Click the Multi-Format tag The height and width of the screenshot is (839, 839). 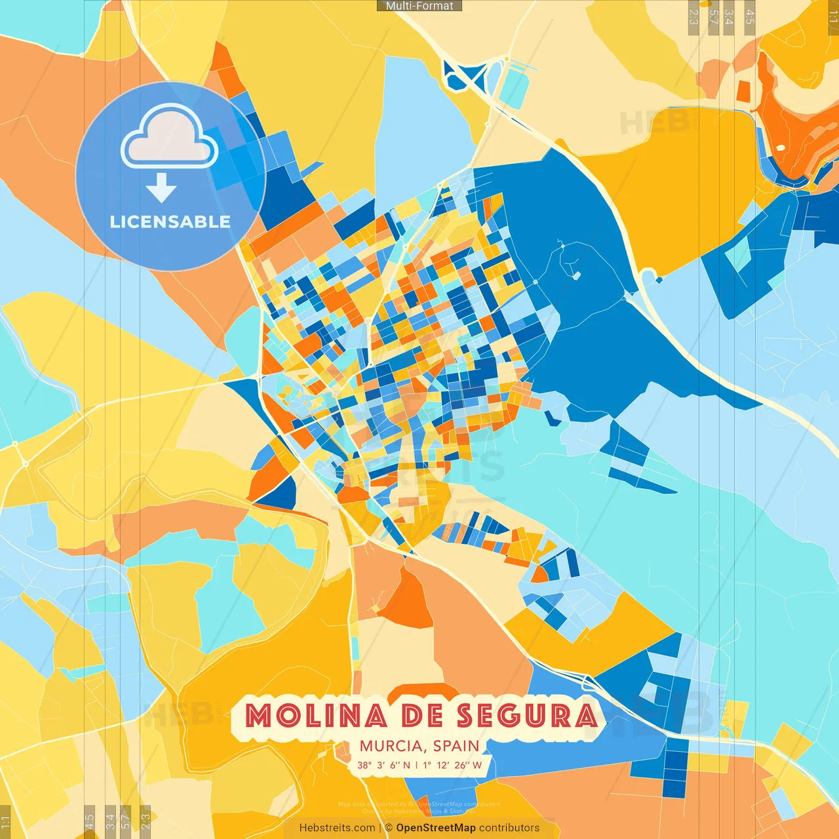(419, 6)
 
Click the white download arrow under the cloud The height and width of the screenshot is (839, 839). (161, 187)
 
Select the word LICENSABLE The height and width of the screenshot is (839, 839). (170, 222)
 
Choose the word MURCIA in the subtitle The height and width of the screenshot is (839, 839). (391, 746)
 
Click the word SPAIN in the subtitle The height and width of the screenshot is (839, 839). (456, 746)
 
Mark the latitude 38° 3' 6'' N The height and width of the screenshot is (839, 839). (383, 765)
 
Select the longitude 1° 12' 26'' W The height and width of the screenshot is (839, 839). (452, 765)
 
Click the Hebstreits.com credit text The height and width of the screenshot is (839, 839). (337, 828)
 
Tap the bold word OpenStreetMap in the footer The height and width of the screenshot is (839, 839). (435, 828)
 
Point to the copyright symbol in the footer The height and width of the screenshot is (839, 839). (389, 828)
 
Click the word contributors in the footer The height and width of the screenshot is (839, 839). (509, 828)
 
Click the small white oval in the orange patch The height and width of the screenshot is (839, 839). (780, 147)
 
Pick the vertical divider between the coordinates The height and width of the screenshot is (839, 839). (416, 765)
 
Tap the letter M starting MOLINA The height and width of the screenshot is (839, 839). (258, 716)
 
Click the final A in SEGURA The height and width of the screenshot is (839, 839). (585, 716)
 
